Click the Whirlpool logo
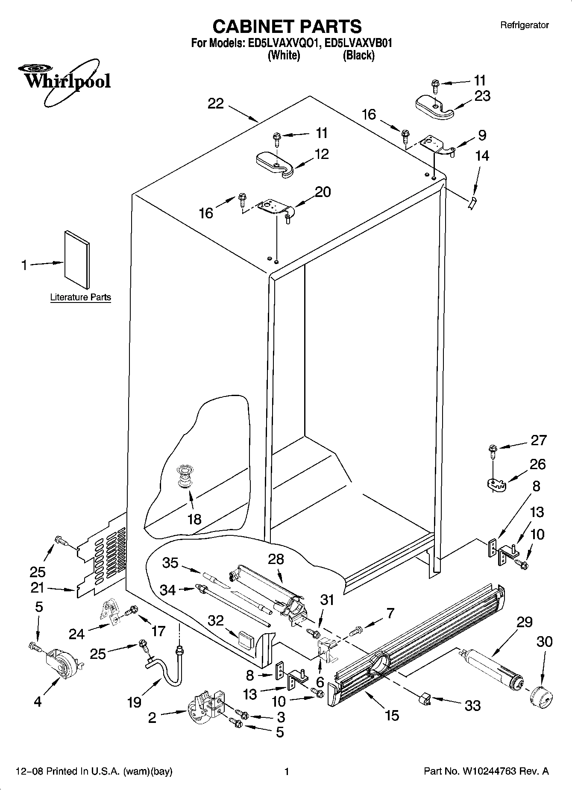click(x=64, y=81)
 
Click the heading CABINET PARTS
click(x=287, y=26)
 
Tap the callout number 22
click(x=216, y=103)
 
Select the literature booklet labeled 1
click(x=77, y=259)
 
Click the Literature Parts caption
click(x=80, y=297)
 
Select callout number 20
click(x=323, y=192)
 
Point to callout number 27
click(x=538, y=440)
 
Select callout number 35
click(x=170, y=563)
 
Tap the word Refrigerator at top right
click(x=524, y=25)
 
